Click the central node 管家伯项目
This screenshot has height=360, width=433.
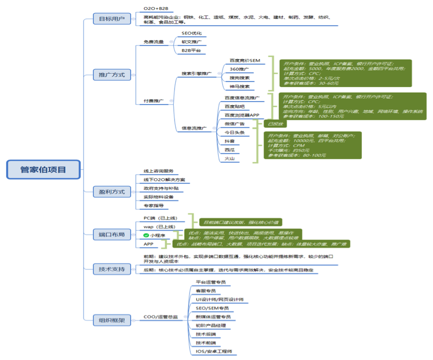point(43,169)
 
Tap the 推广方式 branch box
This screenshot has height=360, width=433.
point(112,75)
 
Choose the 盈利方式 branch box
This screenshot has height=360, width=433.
point(112,191)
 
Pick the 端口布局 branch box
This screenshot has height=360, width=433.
point(112,234)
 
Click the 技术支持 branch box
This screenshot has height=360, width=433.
point(112,269)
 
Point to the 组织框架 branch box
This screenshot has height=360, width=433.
point(112,319)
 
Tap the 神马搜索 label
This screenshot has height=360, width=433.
point(239,87)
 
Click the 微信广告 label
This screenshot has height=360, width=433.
point(234,124)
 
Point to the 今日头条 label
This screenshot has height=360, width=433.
point(234,132)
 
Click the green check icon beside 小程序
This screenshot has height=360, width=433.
point(146,235)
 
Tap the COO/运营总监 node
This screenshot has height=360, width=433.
point(160,317)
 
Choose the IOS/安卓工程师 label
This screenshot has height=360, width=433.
point(214,351)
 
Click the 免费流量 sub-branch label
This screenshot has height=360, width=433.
point(154,42)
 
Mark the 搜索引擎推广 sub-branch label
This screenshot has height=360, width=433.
point(196,74)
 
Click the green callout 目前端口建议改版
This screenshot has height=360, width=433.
point(240,222)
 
